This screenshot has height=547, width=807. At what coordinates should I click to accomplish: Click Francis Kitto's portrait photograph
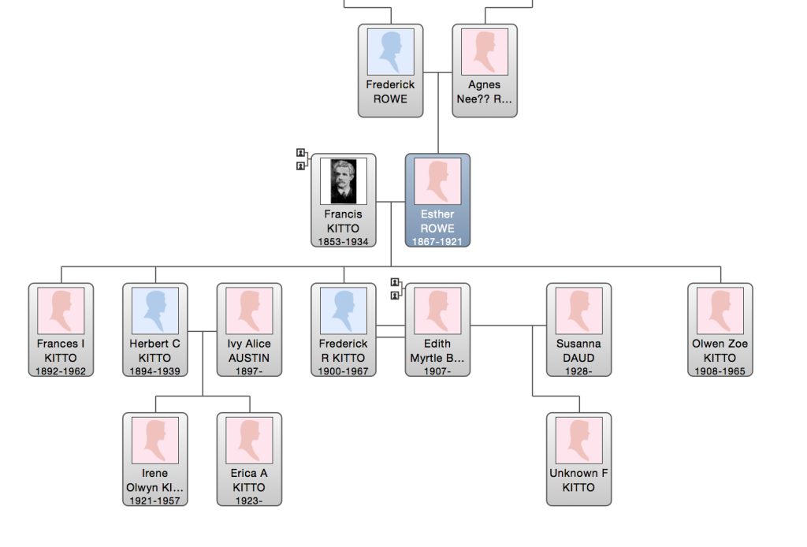(x=344, y=181)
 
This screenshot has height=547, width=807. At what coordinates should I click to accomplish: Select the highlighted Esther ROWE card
(x=437, y=200)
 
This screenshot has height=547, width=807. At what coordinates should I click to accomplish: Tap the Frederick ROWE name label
(x=391, y=91)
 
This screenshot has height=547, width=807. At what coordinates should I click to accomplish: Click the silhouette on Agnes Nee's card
(x=485, y=52)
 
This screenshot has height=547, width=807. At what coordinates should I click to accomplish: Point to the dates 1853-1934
(x=344, y=242)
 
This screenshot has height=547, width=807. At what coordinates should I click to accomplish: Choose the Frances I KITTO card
(x=61, y=329)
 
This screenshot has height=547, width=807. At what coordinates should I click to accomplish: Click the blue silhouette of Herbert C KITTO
(x=155, y=311)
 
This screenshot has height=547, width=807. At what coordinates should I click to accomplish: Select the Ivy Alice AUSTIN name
(x=249, y=351)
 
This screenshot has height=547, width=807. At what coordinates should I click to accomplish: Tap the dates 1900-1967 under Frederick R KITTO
(x=344, y=371)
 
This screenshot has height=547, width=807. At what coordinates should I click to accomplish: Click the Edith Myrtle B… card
(x=437, y=329)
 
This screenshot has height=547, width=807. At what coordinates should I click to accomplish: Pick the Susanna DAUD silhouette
(x=579, y=311)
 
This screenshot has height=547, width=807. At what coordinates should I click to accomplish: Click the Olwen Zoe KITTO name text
(x=720, y=351)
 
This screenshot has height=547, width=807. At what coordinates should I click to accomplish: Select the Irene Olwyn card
(x=155, y=460)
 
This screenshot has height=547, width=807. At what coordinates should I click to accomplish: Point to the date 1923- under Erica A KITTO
(x=249, y=500)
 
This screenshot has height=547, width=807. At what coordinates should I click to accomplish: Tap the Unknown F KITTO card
(x=579, y=460)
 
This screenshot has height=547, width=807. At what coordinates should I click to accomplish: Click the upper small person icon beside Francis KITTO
(x=300, y=153)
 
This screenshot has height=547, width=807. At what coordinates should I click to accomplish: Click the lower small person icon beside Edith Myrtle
(x=395, y=296)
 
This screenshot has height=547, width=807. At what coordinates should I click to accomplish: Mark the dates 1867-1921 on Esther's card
(x=437, y=242)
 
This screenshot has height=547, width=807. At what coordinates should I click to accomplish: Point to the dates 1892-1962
(x=61, y=371)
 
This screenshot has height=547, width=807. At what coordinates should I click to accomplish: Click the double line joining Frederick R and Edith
(x=391, y=331)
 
